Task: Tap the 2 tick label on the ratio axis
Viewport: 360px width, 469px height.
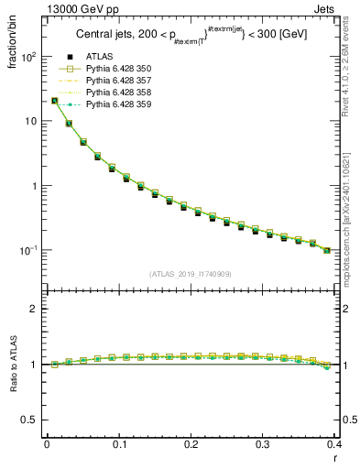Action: pyautogui.click(x=35, y=309)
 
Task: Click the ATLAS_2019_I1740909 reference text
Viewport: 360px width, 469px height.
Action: pyautogui.click(x=191, y=274)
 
